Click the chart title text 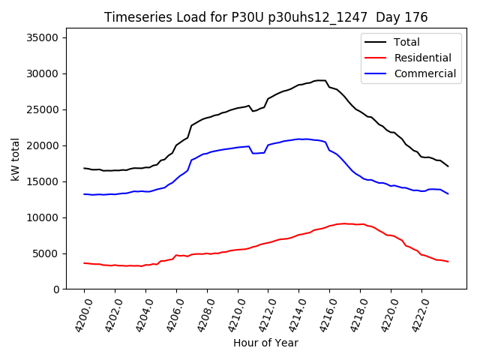pos(265,17)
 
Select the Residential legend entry pos(422,58)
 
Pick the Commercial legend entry pos(424,73)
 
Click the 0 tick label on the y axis pos(56,289)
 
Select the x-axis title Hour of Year pos(265,343)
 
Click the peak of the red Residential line pos(343,223)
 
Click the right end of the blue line pos(448,194)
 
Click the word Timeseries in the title pos(133,17)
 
